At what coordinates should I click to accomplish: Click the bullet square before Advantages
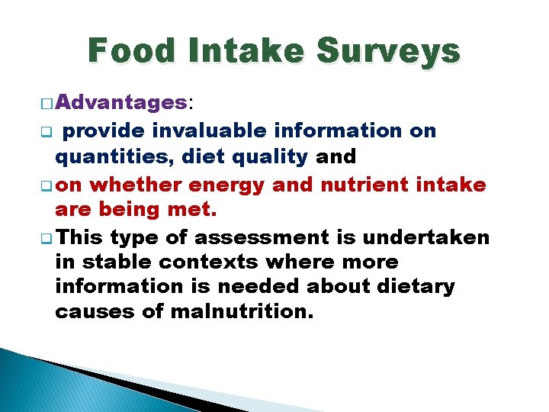coord(47,103)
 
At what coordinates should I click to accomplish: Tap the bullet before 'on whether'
coord(47,185)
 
